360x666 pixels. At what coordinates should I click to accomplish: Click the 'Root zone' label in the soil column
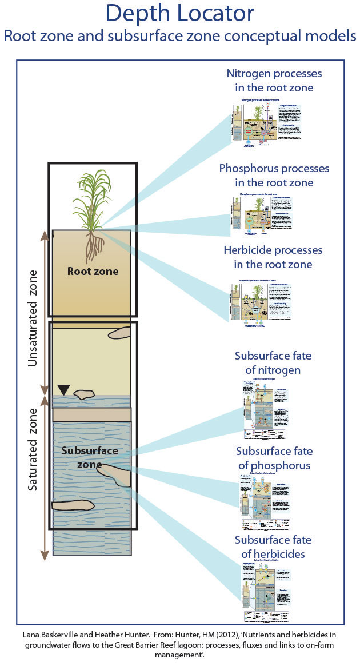[93, 271]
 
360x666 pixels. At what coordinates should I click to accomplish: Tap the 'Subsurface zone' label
[90, 457]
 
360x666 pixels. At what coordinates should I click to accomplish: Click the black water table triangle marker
[64, 390]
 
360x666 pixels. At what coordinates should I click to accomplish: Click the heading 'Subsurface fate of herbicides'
[274, 547]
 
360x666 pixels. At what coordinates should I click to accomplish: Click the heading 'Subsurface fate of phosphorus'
[274, 458]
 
